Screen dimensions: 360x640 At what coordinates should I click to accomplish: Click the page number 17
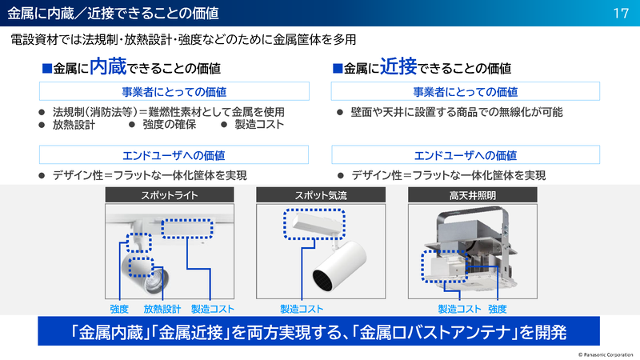[x=619, y=13]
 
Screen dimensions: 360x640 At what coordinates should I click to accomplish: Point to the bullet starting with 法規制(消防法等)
[x=168, y=112]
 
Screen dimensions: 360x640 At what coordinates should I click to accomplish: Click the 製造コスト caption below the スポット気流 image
[x=302, y=309]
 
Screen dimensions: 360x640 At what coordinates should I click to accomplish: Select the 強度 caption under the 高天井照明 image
[x=497, y=309]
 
